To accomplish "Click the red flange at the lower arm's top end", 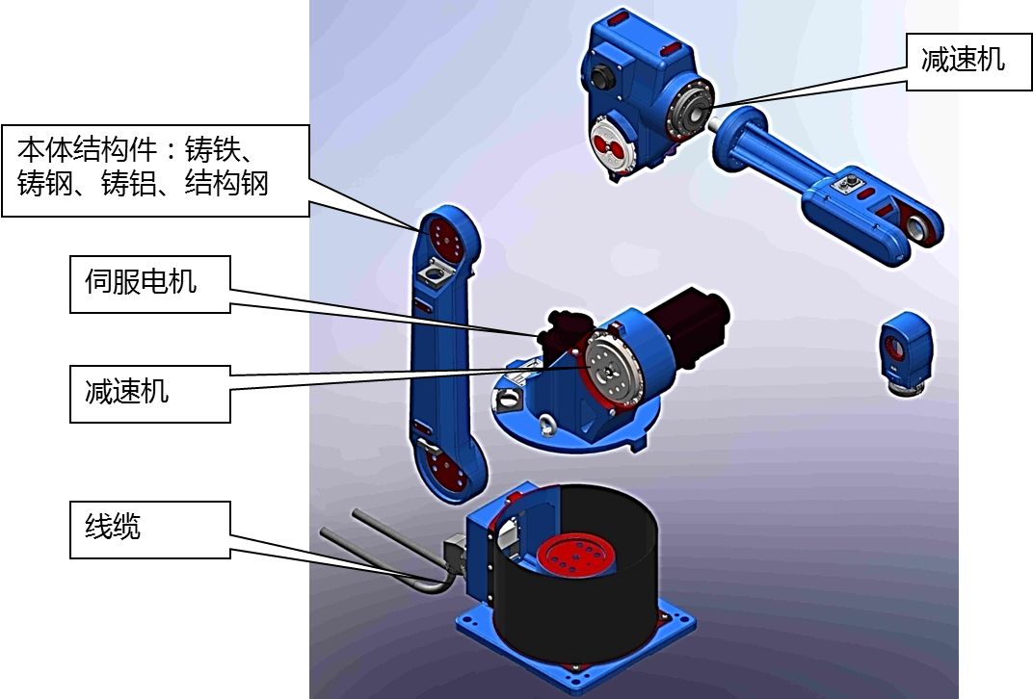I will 444,234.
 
